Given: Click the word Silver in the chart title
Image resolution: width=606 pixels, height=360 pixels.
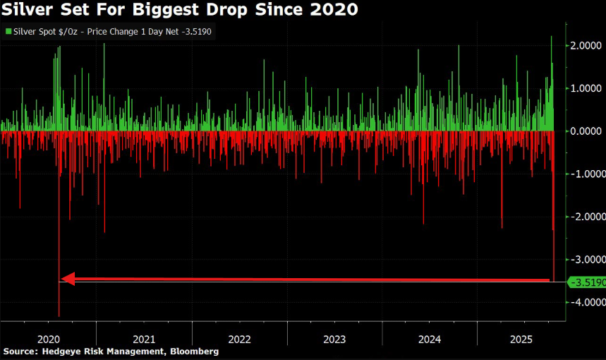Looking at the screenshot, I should click(28, 10).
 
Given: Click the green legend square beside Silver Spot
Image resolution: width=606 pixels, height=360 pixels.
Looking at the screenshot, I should click(7, 31).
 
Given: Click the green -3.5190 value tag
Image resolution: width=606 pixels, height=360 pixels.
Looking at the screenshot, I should click(587, 282).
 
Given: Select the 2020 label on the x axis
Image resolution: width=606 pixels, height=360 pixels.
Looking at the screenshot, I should click(48, 338).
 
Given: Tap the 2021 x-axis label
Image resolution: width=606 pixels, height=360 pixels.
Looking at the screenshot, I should click(144, 338).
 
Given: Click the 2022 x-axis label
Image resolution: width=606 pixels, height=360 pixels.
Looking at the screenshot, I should click(239, 338).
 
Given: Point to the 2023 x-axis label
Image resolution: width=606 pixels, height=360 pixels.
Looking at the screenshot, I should click(334, 338).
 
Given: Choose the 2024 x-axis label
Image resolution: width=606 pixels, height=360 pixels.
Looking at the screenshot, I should click(429, 338).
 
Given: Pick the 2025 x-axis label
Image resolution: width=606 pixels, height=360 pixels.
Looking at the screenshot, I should click(523, 338).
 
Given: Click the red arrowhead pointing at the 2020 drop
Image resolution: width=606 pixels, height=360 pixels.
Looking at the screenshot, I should click(68, 280).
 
